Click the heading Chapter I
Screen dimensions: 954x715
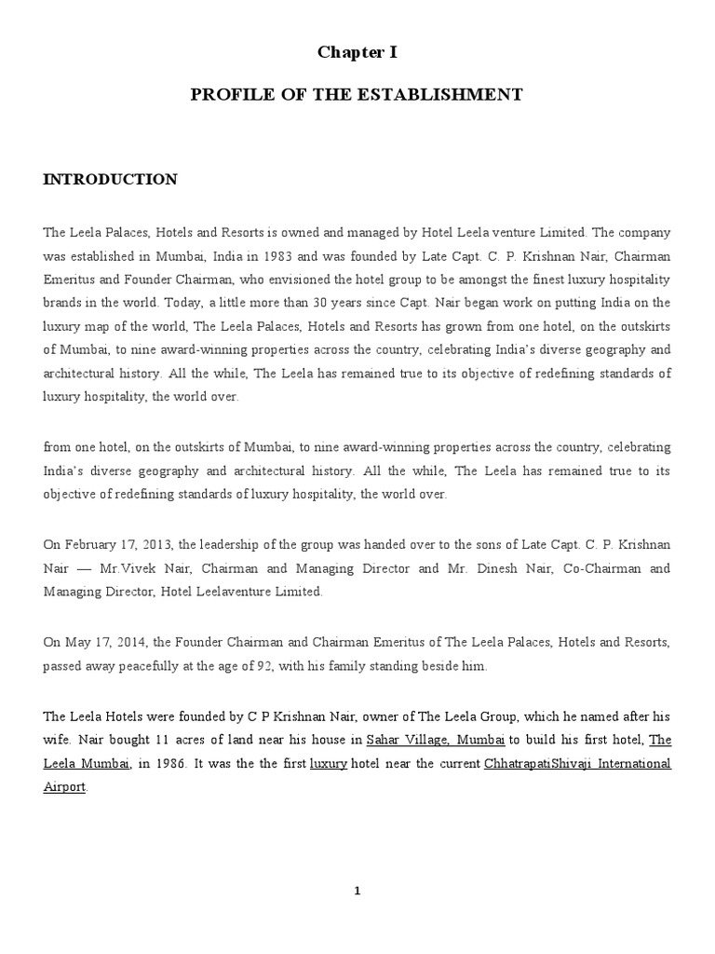(357, 53)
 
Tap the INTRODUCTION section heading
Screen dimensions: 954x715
(110, 179)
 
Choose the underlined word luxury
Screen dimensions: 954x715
(328, 763)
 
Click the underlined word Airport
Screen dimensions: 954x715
(64, 786)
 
